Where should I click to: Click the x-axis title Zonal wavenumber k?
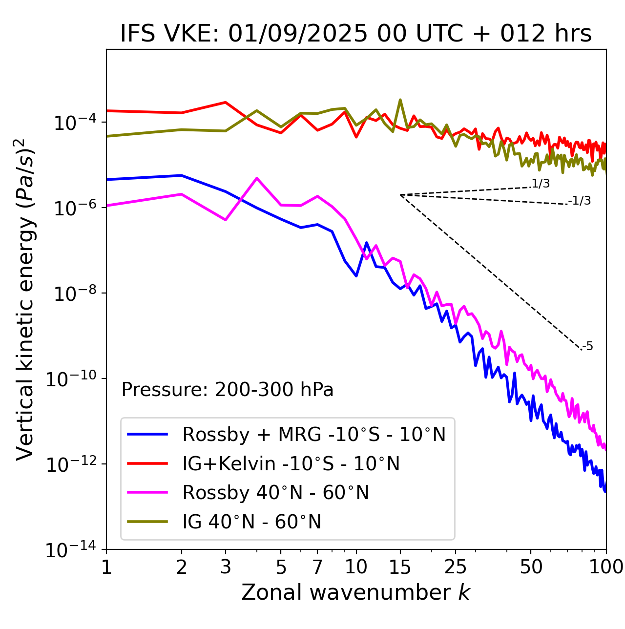coord(356,592)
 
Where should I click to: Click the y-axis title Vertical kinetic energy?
coord(25,299)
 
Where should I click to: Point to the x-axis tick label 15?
coord(400,567)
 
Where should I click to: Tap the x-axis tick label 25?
coord(455,567)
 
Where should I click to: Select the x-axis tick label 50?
coord(531,567)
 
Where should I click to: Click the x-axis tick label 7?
coord(318,567)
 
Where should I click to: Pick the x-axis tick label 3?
coord(225,567)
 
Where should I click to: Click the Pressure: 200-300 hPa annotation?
coord(228,390)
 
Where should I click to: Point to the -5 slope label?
coord(587,347)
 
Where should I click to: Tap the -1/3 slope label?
coord(580,201)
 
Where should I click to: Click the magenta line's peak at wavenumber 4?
coord(257,178)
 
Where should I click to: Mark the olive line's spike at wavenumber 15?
coord(400,100)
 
